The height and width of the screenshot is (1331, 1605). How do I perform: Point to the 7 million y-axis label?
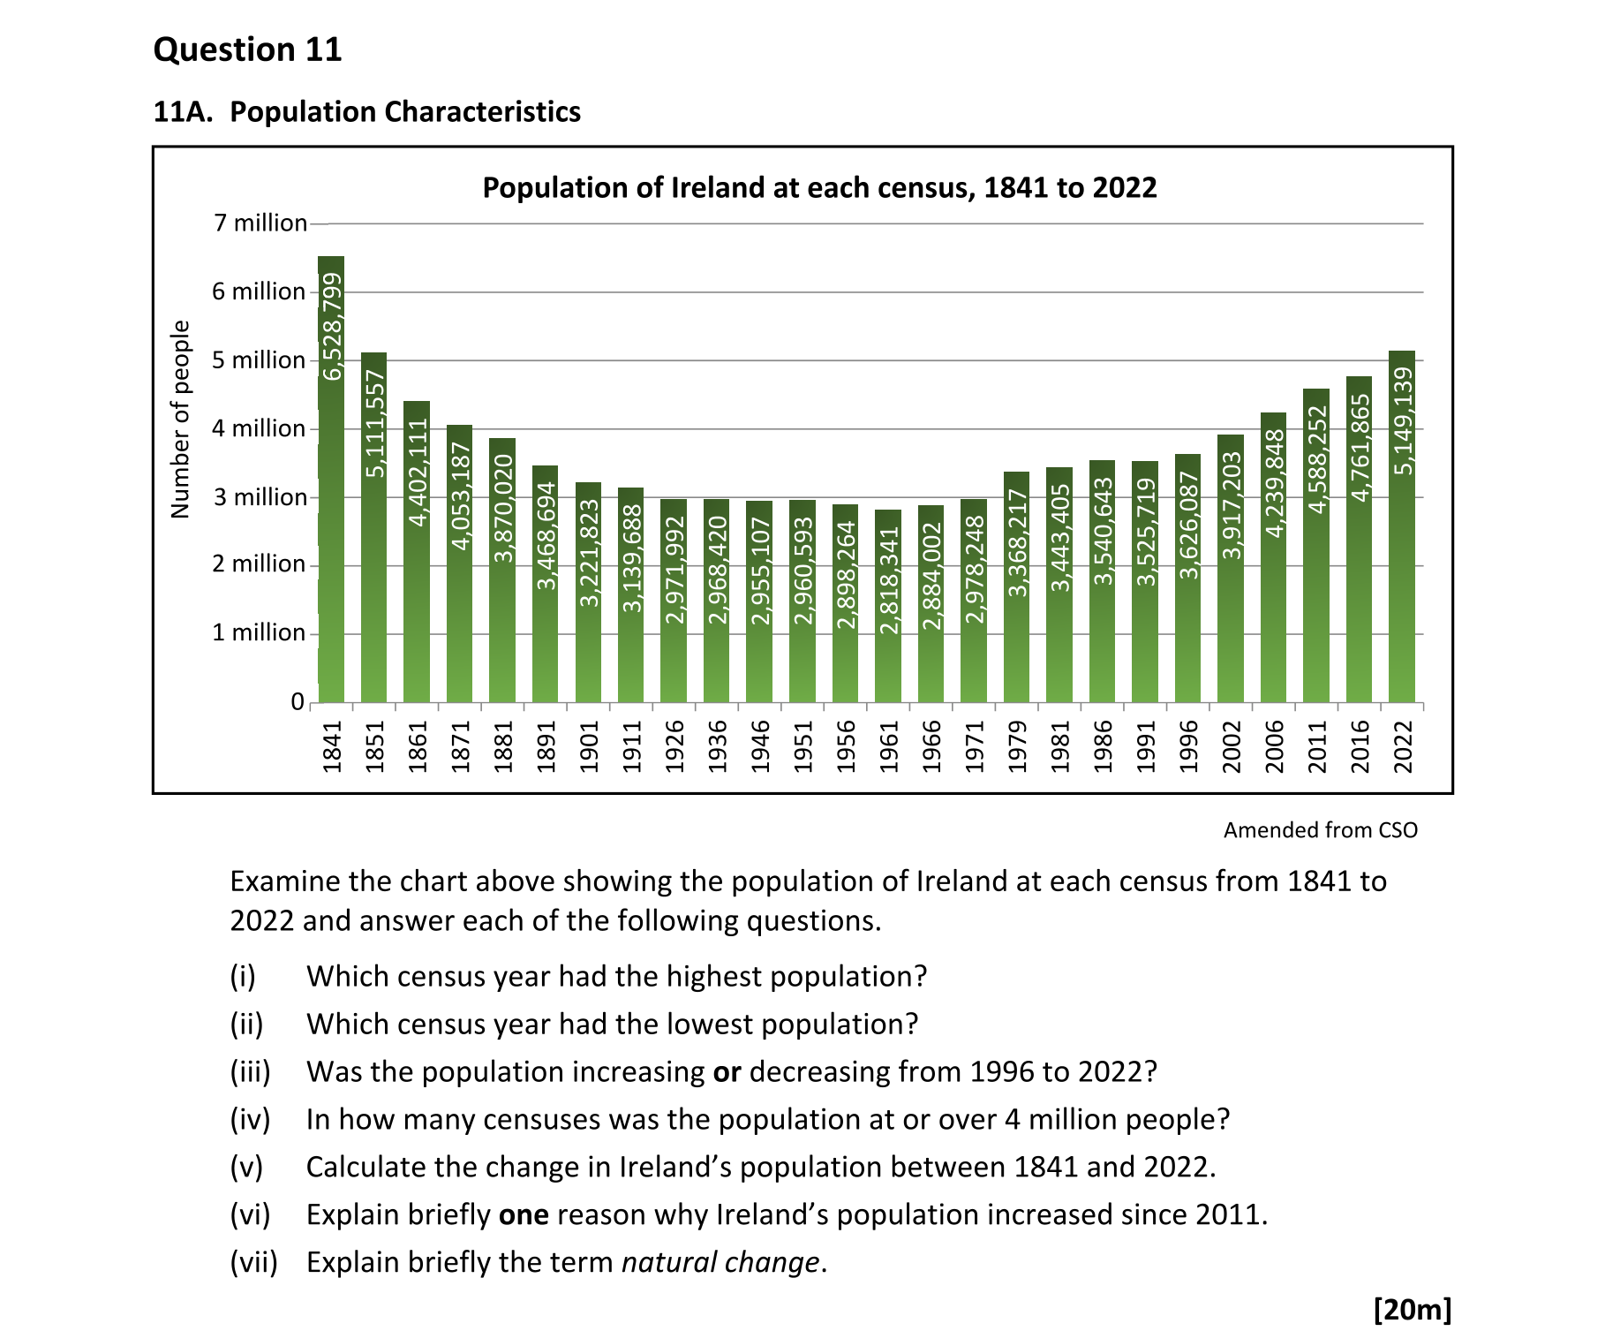tap(260, 223)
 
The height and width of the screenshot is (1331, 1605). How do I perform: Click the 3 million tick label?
tap(260, 497)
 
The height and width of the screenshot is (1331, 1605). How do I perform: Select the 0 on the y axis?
tap(298, 702)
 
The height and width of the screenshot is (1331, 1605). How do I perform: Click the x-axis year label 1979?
tap(1018, 746)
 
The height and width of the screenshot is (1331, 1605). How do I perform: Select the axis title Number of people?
tap(180, 420)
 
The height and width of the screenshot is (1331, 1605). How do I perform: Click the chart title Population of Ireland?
tap(819, 188)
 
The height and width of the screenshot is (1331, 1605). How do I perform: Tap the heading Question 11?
tap(247, 49)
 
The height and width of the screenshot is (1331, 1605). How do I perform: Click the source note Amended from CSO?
tap(1320, 830)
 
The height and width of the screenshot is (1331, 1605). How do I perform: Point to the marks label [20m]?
tap(1412, 1309)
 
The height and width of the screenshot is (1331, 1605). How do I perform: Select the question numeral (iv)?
tap(250, 1120)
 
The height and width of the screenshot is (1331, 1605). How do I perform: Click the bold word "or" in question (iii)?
tap(727, 1072)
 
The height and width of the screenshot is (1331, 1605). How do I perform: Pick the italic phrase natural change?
tap(720, 1263)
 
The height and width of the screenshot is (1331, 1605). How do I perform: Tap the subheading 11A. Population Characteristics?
tap(366, 112)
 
